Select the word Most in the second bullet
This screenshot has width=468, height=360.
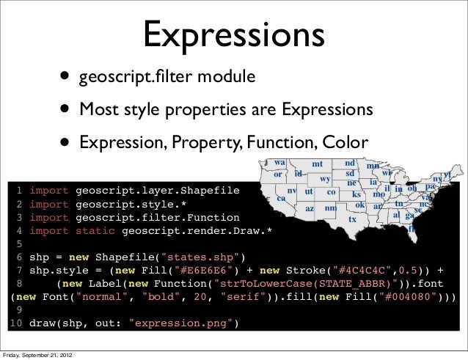(x=98, y=109)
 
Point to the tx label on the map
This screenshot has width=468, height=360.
(x=352, y=218)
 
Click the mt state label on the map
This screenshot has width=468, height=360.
(x=317, y=164)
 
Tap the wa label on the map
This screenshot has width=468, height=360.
(x=280, y=163)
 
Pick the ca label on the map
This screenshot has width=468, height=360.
(x=280, y=198)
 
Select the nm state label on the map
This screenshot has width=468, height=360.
(x=331, y=208)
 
